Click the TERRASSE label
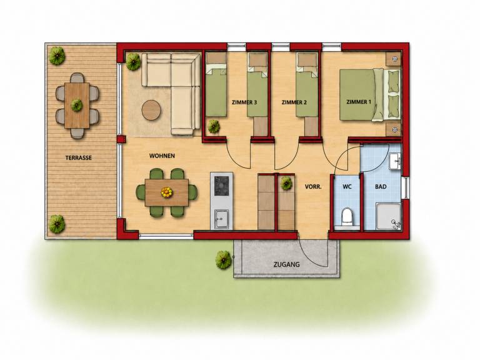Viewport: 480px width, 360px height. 78,158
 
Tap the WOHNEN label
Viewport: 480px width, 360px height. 162,156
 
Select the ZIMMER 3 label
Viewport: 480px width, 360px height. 244,102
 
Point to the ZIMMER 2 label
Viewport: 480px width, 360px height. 294,102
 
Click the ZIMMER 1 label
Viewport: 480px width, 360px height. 359,102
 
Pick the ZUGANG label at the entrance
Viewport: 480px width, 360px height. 286,264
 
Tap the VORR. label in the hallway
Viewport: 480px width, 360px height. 313,186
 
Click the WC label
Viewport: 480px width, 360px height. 347,186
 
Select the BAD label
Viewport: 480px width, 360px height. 381,186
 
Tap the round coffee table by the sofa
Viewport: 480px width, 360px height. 151,110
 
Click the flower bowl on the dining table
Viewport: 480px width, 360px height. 166,192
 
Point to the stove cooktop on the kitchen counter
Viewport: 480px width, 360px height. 221,186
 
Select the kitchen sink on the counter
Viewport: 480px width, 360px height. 221,219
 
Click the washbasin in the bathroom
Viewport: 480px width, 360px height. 395,161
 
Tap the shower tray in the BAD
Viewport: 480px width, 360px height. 389,216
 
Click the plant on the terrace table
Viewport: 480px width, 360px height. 76,105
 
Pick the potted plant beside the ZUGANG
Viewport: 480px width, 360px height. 224,260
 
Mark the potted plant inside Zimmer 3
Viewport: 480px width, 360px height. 214,126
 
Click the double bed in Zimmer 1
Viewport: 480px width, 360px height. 370,95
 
